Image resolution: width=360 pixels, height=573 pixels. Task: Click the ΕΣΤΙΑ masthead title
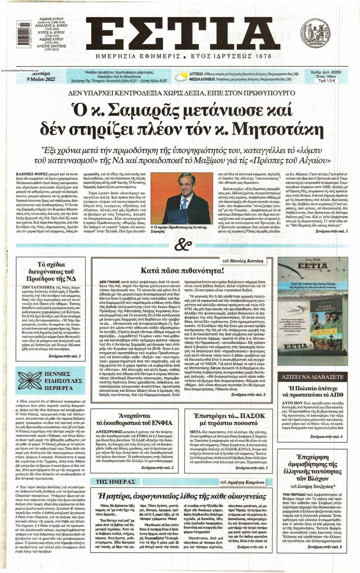[180, 32]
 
